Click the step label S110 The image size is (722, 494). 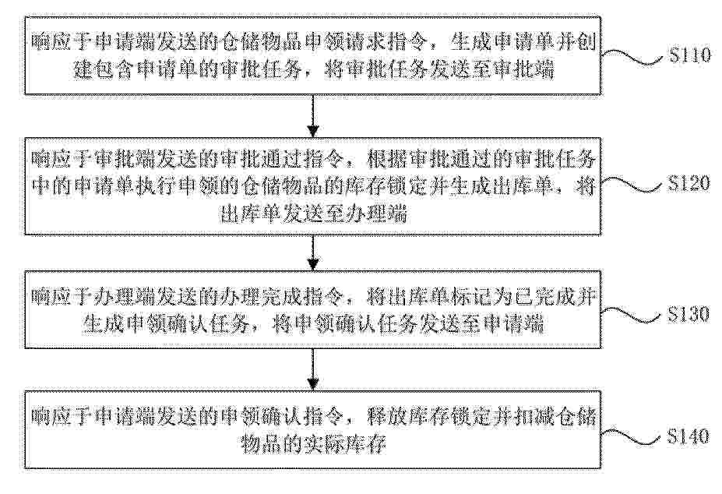[690, 55]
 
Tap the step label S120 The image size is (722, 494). [689, 184]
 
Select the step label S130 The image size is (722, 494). [689, 314]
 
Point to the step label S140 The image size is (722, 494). [689, 436]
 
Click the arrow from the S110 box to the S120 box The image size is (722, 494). [313, 115]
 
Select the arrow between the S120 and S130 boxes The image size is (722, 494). [313, 252]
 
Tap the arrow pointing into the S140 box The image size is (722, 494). [313, 369]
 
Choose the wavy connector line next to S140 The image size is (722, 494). [634, 436]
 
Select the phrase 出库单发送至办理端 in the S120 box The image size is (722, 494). [313, 214]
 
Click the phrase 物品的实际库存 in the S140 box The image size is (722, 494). [313, 444]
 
